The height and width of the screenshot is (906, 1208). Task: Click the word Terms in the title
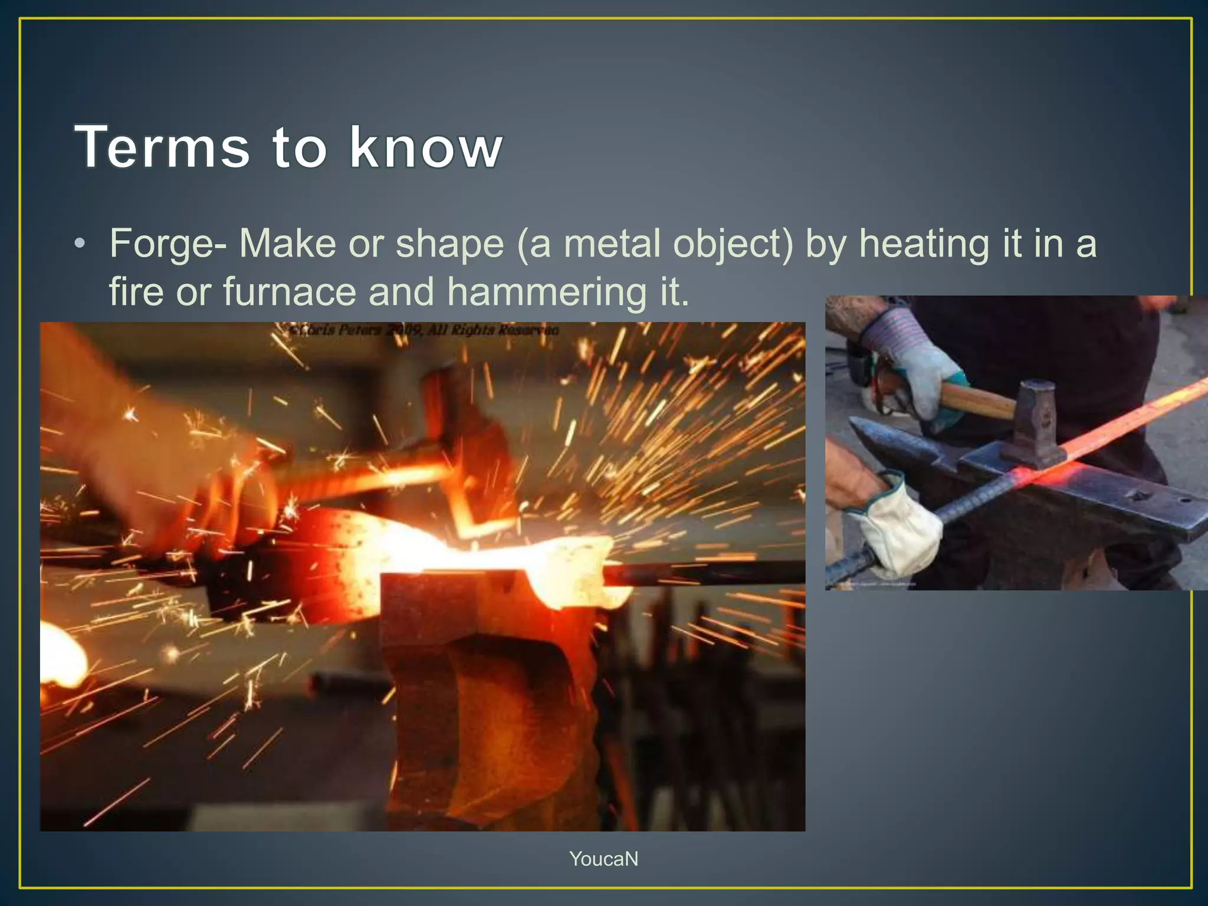tap(162, 147)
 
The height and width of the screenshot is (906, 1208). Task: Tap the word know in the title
tap(425, 147)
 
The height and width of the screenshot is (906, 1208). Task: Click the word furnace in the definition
tap(290, 291)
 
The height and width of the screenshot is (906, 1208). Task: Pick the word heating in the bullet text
tap(924, 244)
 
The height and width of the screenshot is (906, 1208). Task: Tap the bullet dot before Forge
tap(80, 244)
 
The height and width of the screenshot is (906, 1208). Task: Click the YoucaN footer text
tap(603, 859)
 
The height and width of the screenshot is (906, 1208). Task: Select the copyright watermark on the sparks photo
tap(424, 330)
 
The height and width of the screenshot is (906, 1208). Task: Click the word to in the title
tap(300, 147)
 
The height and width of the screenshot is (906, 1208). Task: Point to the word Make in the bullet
tap(288, 243)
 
